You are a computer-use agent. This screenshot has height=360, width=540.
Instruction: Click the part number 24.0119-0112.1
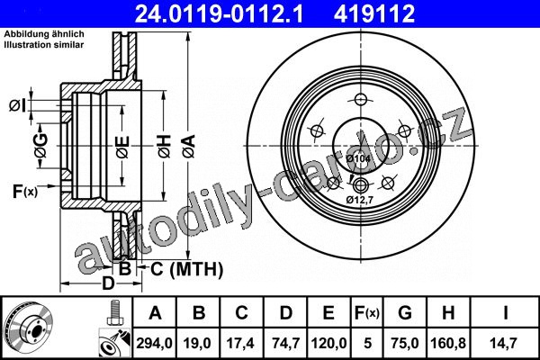coord(219,13)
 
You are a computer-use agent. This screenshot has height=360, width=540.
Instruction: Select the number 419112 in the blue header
coord(374,13)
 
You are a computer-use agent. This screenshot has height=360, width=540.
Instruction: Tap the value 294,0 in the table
coord(154,343)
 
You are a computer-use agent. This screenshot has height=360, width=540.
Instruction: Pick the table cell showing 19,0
coord(197,343)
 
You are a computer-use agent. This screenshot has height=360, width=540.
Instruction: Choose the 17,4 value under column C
coord(240,343)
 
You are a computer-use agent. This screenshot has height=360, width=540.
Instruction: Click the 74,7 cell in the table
coord(286,343)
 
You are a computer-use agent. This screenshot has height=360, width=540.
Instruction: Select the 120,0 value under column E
coord(328,343)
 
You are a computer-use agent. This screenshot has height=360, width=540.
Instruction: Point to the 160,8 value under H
coord(448,343)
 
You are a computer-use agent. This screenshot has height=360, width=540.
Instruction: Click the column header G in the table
coord(405,313)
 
